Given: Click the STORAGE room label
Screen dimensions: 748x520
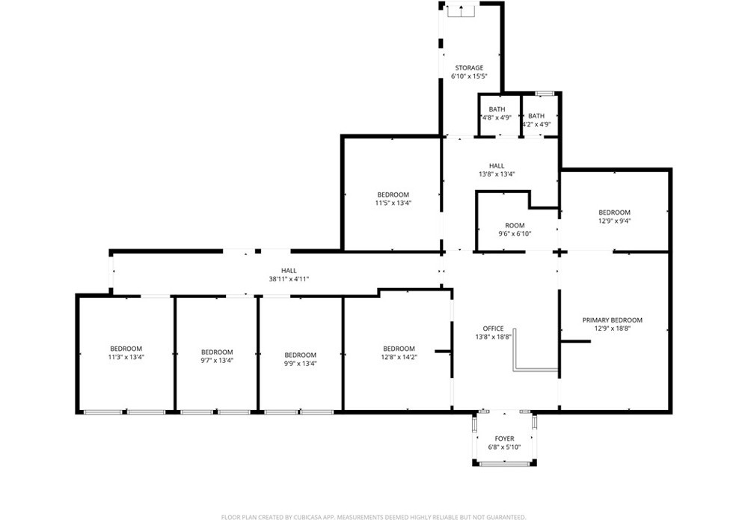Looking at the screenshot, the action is [469, 68].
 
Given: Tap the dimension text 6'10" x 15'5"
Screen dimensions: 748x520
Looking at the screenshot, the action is [469, 76].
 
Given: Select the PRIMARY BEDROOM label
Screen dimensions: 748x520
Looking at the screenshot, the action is [612, 320].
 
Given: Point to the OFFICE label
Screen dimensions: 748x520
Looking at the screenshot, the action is [493, 328].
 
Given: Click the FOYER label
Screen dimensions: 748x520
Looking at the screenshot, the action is [504, 438].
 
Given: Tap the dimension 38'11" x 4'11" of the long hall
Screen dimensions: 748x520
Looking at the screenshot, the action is [289, 279].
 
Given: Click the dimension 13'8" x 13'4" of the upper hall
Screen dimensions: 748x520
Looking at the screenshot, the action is [497, 174].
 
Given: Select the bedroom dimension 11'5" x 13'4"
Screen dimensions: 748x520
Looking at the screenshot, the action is [393, 203].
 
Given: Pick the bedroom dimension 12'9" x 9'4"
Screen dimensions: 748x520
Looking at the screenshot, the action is [614, 221].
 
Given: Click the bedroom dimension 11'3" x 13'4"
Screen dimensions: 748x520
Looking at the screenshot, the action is [126, 357].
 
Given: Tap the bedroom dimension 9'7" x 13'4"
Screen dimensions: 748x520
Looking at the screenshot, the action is [217, 360].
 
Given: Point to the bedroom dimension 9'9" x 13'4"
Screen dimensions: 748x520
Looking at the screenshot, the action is [300, 363].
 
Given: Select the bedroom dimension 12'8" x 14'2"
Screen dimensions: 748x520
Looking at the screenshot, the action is [399, 357].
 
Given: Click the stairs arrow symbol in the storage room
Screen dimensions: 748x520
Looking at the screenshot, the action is [462, 10].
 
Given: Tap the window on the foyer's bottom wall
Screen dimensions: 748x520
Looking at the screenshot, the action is [504, 464].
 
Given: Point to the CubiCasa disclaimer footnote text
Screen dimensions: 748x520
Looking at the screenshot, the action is [373, 517].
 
